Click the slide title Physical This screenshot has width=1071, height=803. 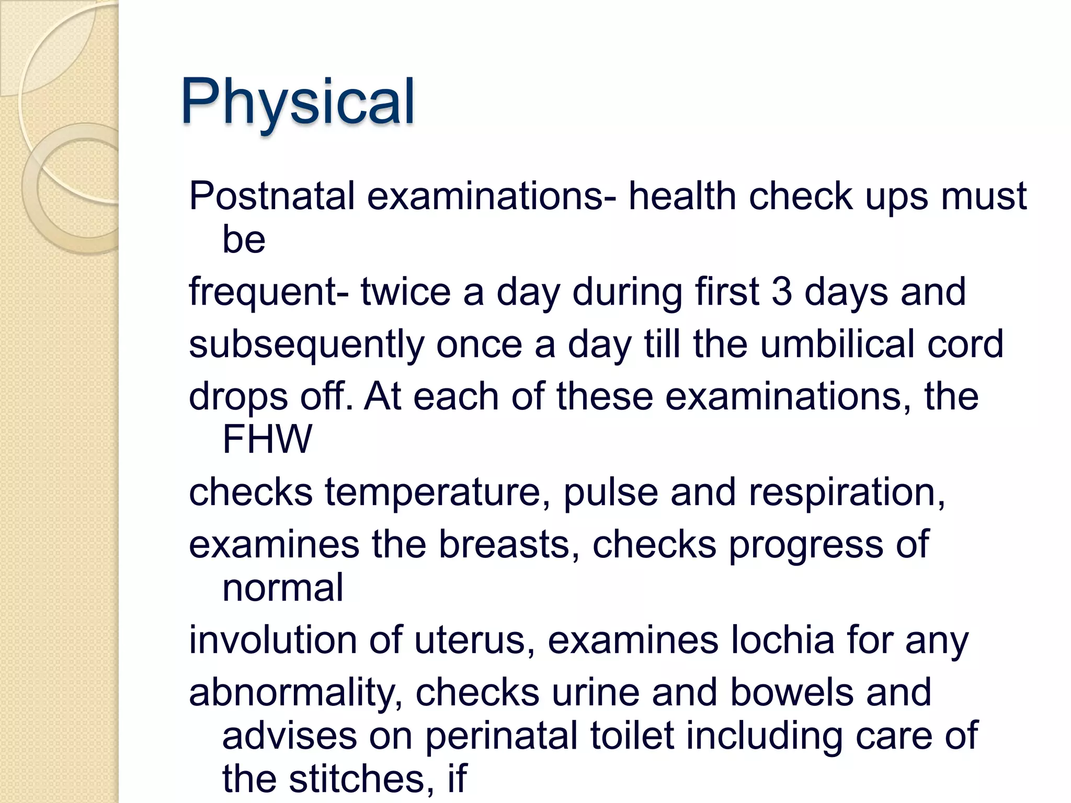coord(298,102)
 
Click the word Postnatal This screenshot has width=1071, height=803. coord(272,197)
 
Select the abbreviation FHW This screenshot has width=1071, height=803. coord(267,439)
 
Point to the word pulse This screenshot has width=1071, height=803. coord(610,493)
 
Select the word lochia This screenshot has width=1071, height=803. coord(782,640)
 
